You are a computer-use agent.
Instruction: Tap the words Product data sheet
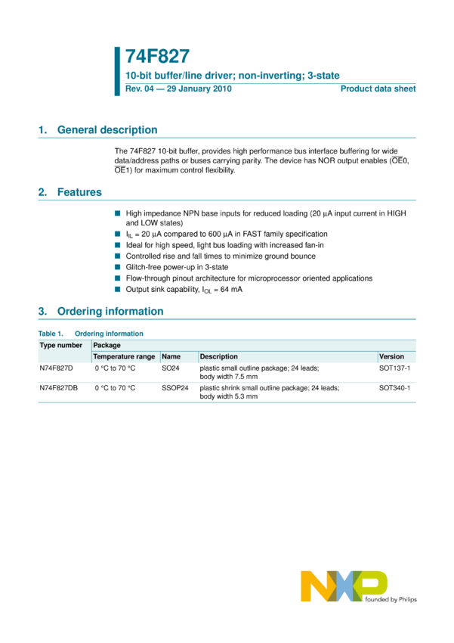coord(378,89)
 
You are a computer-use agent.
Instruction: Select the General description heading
coord(107,130)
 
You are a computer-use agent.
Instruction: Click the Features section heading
coord(79,192)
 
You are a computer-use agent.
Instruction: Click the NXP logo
coord(344,587)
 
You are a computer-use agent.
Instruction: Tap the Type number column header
coord(61,345)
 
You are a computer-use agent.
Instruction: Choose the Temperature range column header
coord(124,356)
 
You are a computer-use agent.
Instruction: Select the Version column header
coord(392,356)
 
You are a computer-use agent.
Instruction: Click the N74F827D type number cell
coord(57,368)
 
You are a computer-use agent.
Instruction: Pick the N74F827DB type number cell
coord(59,387)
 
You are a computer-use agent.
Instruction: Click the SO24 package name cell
coord(170,368)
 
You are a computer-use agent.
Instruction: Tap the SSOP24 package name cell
coord(174,387)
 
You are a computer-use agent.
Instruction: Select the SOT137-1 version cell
coord(394,368)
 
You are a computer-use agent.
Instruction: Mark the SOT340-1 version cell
coord(394,387)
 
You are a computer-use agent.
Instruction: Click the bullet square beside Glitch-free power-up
coord(117,267)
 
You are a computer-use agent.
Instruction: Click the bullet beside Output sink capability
coord(117,289)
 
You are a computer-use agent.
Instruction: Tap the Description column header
coord(219,356)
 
